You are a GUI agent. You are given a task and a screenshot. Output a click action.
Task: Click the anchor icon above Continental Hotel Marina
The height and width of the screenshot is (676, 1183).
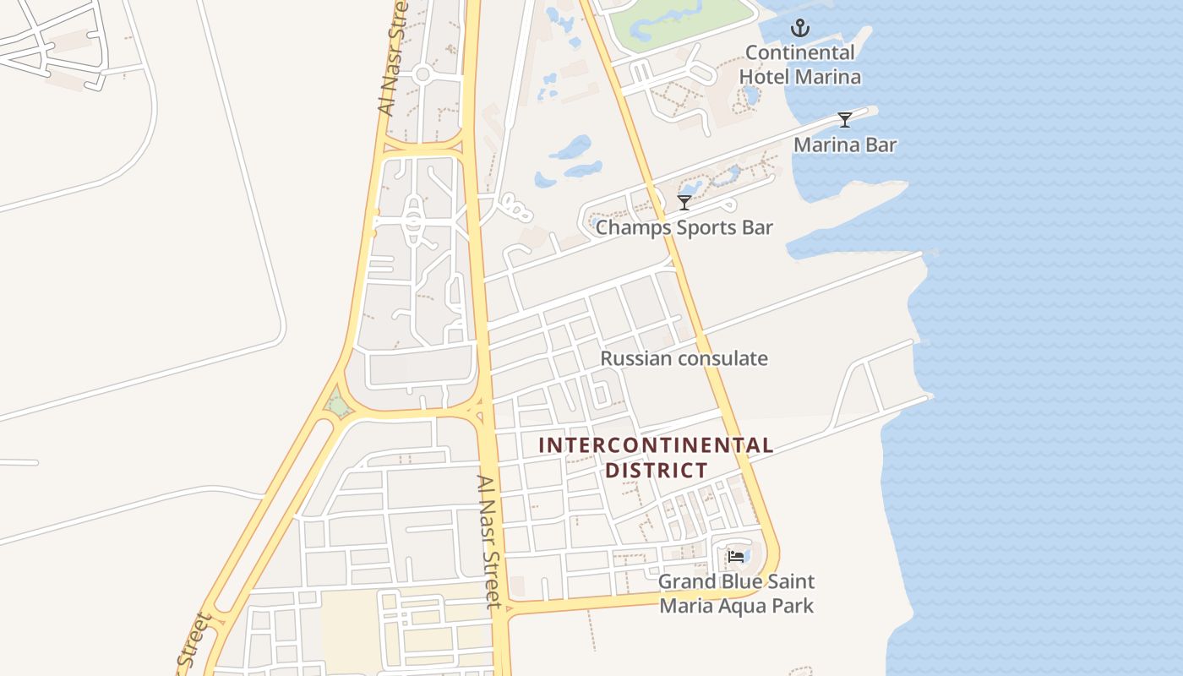click(799, 29)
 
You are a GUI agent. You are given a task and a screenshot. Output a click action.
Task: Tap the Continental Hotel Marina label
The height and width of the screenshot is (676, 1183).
click(800, 64)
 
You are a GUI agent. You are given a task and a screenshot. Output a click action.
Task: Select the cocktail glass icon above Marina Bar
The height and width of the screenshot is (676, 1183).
click(844, 119)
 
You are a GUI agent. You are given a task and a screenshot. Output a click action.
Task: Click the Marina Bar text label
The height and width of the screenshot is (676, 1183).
click(844, 145)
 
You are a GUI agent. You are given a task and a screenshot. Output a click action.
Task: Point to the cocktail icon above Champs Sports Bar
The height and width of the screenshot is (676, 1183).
click(684, 203)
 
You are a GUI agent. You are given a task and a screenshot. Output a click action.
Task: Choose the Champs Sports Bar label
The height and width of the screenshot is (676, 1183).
click(684, 228)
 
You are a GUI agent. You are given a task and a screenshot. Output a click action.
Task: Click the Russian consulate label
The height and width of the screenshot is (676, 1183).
click(684, 358)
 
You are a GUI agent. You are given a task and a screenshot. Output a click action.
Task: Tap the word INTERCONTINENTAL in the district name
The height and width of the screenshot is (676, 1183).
click(656, 445)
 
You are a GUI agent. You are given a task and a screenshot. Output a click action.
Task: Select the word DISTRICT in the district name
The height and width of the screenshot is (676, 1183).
click(656, 470)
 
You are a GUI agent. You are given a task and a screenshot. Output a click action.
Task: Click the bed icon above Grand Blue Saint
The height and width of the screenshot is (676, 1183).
click(736, 556)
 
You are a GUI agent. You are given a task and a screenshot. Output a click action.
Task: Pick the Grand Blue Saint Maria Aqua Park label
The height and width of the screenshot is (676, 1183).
click(736, 593)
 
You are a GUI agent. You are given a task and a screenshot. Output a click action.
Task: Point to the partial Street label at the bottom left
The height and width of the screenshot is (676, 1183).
click(194, 644)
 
